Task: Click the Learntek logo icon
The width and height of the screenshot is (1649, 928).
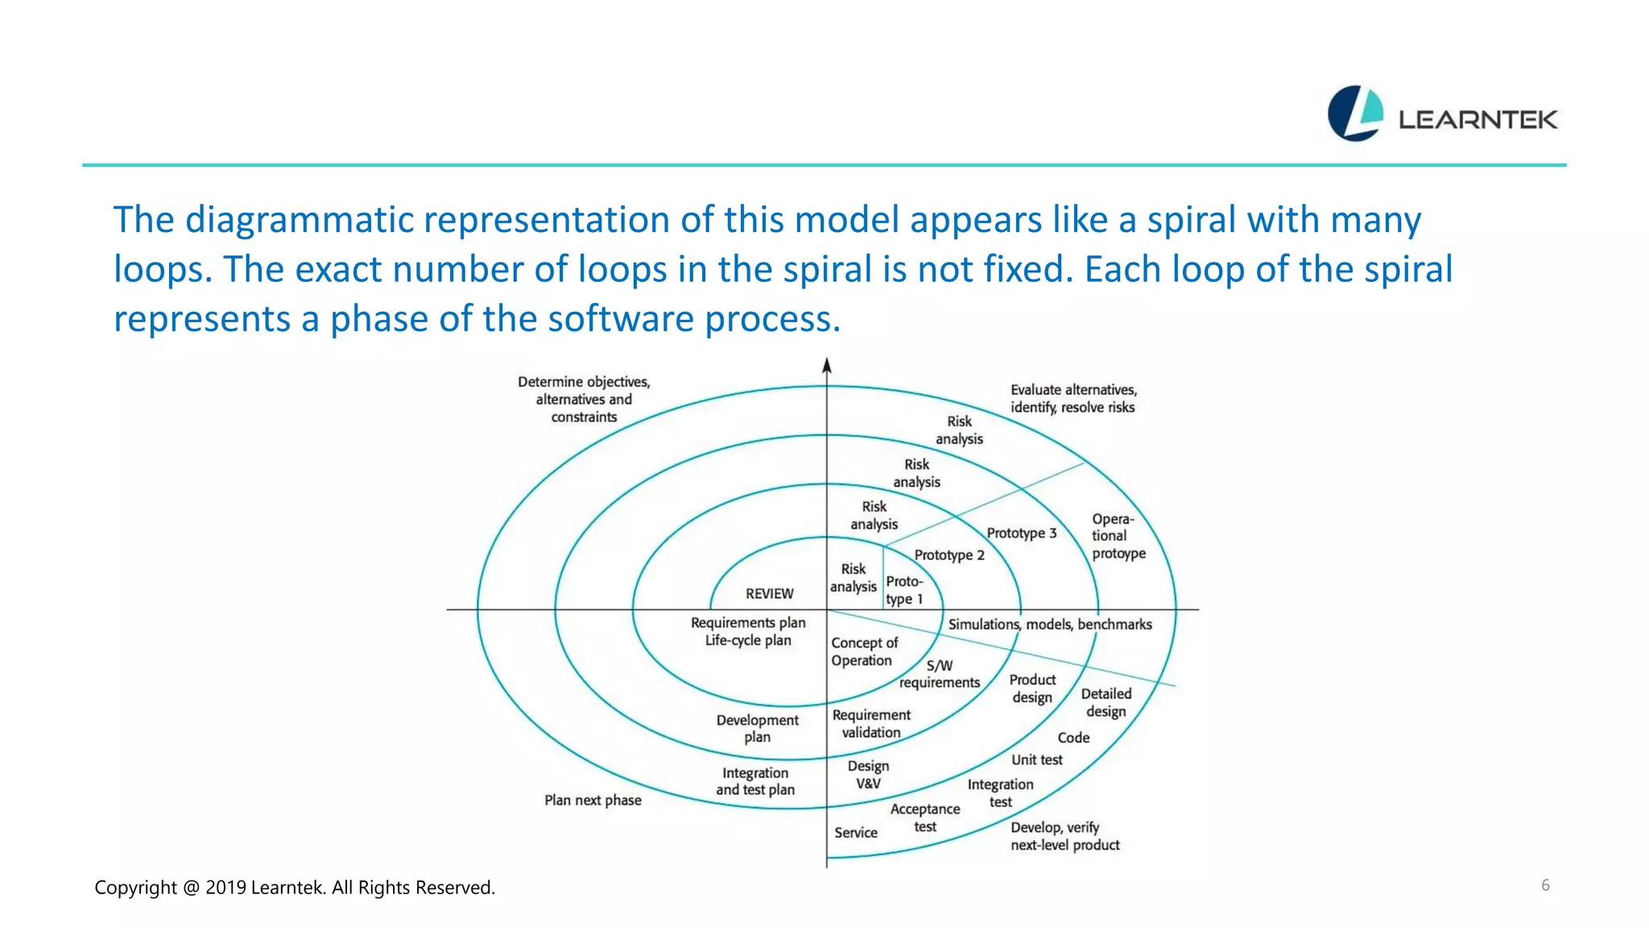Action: [1355, 114]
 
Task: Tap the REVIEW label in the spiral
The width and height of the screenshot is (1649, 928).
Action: [769, 594]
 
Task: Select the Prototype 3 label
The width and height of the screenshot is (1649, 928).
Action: [1021, 533]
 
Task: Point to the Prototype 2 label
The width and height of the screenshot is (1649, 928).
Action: [948, 555]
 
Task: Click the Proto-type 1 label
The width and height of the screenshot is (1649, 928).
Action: [903, 590]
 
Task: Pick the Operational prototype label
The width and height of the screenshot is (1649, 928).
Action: [1118, 536]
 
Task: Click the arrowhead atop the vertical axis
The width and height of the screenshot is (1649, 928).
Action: [826, 366]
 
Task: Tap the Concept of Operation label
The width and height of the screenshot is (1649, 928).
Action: [863, 652]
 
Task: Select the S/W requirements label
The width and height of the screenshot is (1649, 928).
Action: [940, 674]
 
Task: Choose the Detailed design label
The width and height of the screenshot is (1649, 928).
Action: [1106, 702]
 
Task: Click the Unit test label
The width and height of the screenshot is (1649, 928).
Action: [1036, 760]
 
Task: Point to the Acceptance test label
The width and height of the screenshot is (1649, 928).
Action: [925, 818]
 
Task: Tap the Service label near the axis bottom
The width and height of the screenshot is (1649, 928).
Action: [855, 833]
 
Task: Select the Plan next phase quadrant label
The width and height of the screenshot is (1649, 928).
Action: [593, 800]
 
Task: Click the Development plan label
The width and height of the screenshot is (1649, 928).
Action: [757, 728]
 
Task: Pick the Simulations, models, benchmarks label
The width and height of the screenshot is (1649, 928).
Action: [1049, 624]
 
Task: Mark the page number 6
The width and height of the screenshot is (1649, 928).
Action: [1545, 885]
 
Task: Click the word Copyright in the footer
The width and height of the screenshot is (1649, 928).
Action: [135, 888]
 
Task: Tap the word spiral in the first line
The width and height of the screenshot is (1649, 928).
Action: [1191, 220]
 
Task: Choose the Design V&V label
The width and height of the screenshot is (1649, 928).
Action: [868, 774]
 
